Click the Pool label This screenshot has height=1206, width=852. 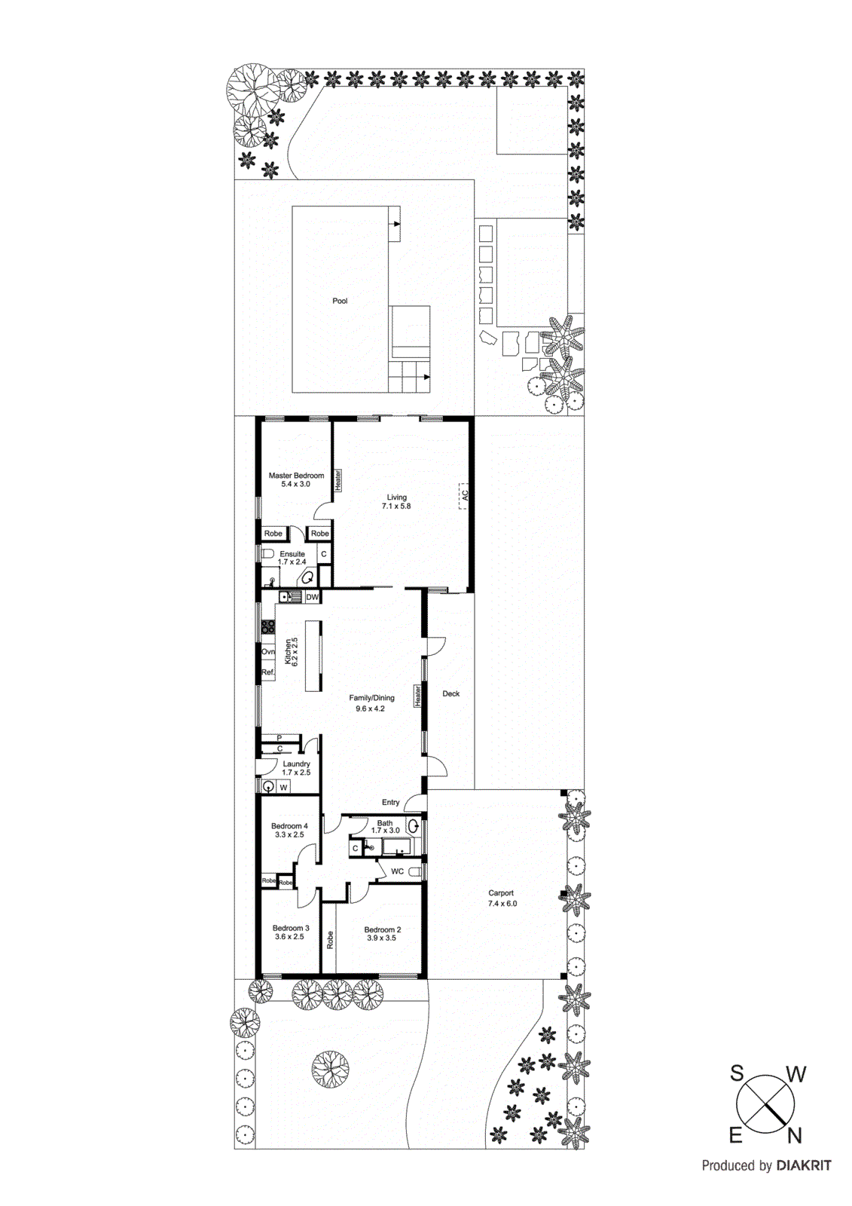tap(340, 301)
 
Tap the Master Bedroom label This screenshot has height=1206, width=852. tap(296, 476)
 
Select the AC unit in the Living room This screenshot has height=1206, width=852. tap(464, 495)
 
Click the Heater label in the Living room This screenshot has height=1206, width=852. tap(338, 480)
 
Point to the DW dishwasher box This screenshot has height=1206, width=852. tap(312, 597)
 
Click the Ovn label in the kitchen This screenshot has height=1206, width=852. tap(267, 651)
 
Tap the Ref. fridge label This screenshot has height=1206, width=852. tap(267, 672)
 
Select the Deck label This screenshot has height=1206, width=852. tap(450, 693)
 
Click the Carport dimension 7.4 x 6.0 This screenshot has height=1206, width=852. tap(502, 903)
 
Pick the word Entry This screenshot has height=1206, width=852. tap(390, 802)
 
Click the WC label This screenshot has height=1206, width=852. tap(397, 871)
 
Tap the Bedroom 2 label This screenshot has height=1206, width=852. tap(382, 929)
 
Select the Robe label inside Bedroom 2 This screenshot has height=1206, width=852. tap(330, 939)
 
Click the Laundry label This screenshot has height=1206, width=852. tap(296, 764)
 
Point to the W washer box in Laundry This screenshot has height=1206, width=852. tap(283, 788)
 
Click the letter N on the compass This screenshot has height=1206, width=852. tap(794, 1135)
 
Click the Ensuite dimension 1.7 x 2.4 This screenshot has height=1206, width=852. tap(292, 562)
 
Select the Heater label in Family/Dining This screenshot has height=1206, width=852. tap(417, 696)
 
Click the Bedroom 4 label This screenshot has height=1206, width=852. tap(289, 826)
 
